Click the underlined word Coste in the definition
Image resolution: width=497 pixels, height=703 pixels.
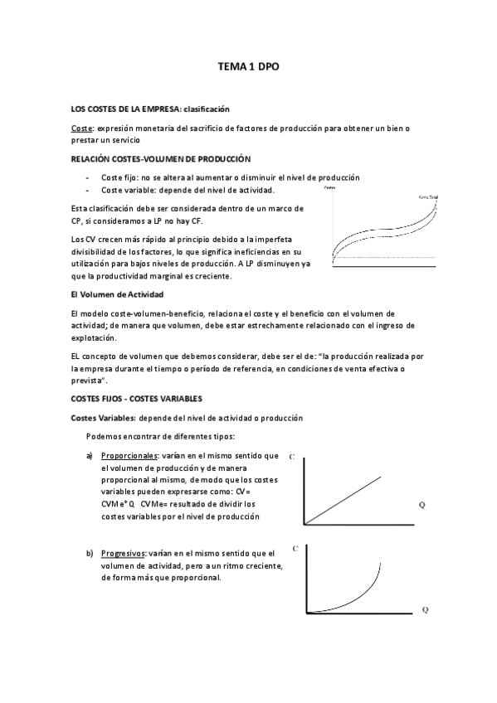tap(82, 128)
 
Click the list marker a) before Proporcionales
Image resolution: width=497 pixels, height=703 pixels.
tap(90, 455)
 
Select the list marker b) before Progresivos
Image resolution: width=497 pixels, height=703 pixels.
tap(90, 553)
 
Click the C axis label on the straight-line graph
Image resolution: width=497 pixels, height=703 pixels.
tap(293, 457)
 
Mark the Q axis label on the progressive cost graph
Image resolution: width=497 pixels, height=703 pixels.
tap(425, 609)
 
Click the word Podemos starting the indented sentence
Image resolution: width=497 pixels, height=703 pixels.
tap(105, 436)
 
